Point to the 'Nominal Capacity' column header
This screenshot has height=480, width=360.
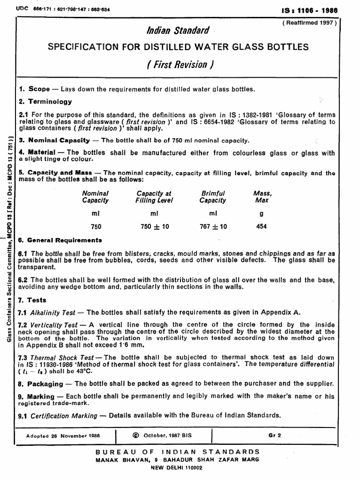pyautogui.click(x=95, y=196)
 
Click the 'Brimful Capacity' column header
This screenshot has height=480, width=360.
pyautogui.click(x=213, y=196)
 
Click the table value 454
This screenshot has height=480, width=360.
pyautogui.click(x=262, y=226)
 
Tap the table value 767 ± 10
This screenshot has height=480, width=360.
pyautogui.click(x=213, y=226)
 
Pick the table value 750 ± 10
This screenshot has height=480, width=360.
pyautogui.click(x=155, y=226)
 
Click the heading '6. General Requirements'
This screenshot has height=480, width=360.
pyautogui.click(x=60, y=240)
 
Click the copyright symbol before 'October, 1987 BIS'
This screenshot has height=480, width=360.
pyautogui.click(x=136, y=435)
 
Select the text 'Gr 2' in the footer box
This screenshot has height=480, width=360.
pyautogui.click(x=274, y=435)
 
